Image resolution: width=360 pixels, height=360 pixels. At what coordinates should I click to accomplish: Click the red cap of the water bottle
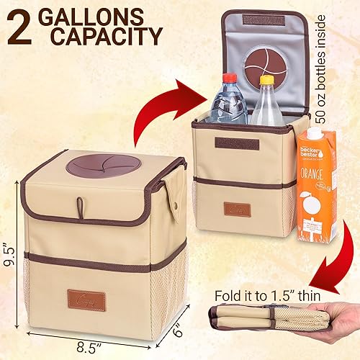(x=229, y=78)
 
